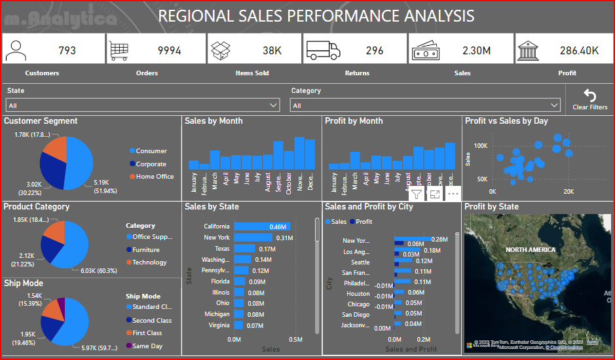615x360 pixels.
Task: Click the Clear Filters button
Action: (589, 99)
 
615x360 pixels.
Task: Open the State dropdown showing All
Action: (143, 105)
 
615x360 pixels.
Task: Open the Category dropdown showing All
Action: (426, 105)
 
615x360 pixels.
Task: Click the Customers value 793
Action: (67, 50)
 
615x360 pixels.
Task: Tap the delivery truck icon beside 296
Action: (323, 50)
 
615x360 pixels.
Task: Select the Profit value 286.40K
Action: (579, 50)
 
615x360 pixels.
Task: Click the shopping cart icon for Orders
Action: (119, 50)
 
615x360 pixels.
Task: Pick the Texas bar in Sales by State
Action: (244, 249)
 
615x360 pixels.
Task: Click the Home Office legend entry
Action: (155, 177)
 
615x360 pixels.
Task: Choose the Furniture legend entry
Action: (145, 249)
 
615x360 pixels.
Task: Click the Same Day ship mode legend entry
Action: (147, 346)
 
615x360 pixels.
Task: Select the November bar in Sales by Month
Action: (300, 153)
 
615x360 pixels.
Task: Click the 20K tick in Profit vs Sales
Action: (568, 192)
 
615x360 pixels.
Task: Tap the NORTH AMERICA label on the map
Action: (530, 249)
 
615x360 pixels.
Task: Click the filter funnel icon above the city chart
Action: (417, 194)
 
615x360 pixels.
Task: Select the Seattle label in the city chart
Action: (360, 262)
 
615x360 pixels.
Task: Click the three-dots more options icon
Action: (453, 194)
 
